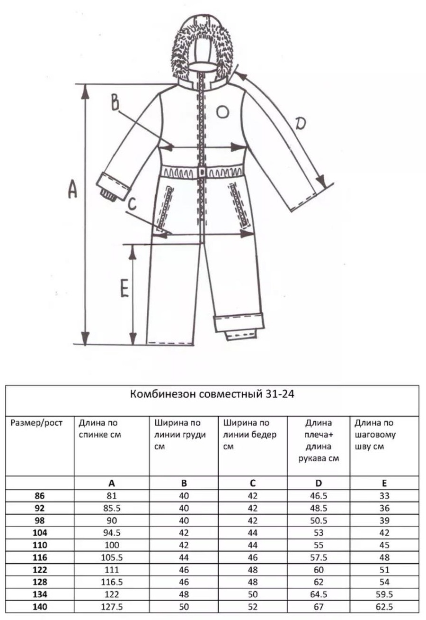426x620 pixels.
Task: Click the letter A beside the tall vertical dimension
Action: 72,189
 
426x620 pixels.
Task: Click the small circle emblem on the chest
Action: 222,112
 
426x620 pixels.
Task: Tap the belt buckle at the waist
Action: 203,172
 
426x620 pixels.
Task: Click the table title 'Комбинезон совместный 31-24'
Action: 212,394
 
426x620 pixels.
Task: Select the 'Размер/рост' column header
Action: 36,423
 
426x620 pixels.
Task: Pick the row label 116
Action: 40,557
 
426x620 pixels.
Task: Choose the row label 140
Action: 40,607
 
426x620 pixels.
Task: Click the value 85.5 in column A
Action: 112,508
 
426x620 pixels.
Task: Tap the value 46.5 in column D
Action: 319,496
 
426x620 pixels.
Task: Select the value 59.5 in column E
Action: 384,594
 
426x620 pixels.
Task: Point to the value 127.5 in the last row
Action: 112,607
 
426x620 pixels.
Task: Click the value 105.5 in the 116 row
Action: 112,557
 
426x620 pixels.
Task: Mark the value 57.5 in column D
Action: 319,557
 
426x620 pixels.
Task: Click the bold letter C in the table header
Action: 252,483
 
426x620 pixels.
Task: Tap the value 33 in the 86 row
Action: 384,496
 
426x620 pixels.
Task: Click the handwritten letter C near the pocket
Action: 133,204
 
